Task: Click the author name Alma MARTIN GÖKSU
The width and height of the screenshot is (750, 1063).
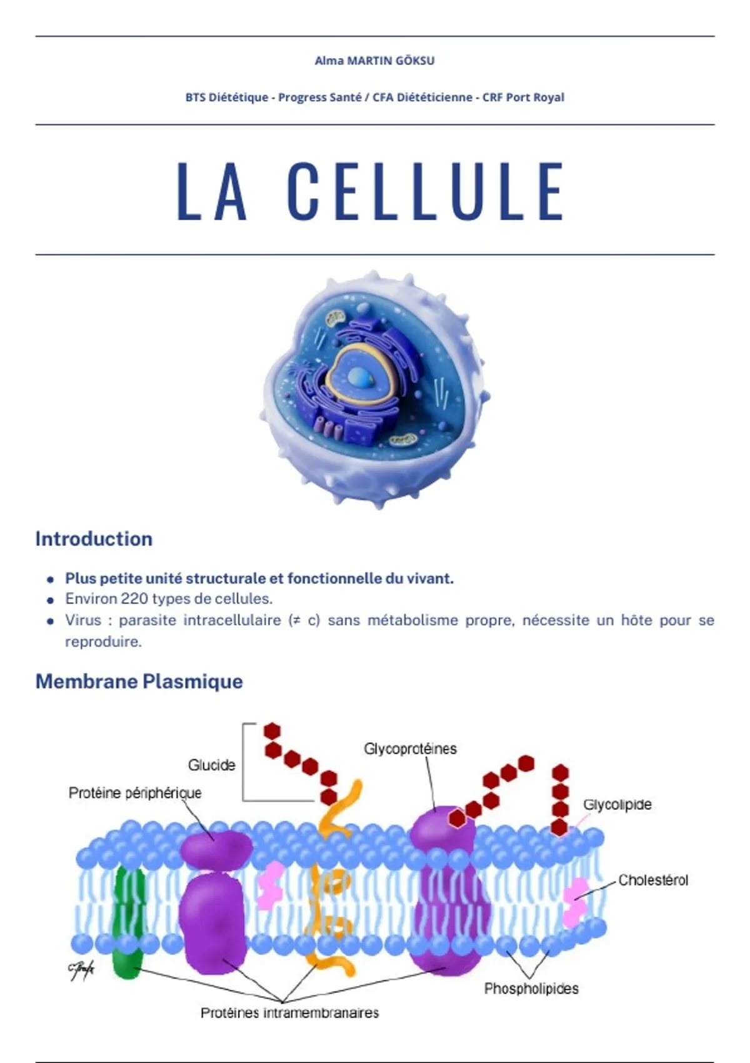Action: click(374, 61)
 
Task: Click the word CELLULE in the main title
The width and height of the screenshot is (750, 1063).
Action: click(426, 191)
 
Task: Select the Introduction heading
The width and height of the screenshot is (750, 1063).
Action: click(94, 539)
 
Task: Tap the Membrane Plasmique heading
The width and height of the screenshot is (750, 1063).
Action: click(139, 682)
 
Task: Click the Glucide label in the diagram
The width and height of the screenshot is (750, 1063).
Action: click(212, 765)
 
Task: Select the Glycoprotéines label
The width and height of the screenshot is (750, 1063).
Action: click(411, 748)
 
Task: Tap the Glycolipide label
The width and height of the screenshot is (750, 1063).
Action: click(617, 804)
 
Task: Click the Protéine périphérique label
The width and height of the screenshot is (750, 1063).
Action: click(135, 792)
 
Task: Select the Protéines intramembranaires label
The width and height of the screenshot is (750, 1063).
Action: click(290, 1013)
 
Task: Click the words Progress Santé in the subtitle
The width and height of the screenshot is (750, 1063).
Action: click(320, 98)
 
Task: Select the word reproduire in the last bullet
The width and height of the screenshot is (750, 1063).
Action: click(102, 642)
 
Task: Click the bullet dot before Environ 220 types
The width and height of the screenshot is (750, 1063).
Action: click(50, 600)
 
